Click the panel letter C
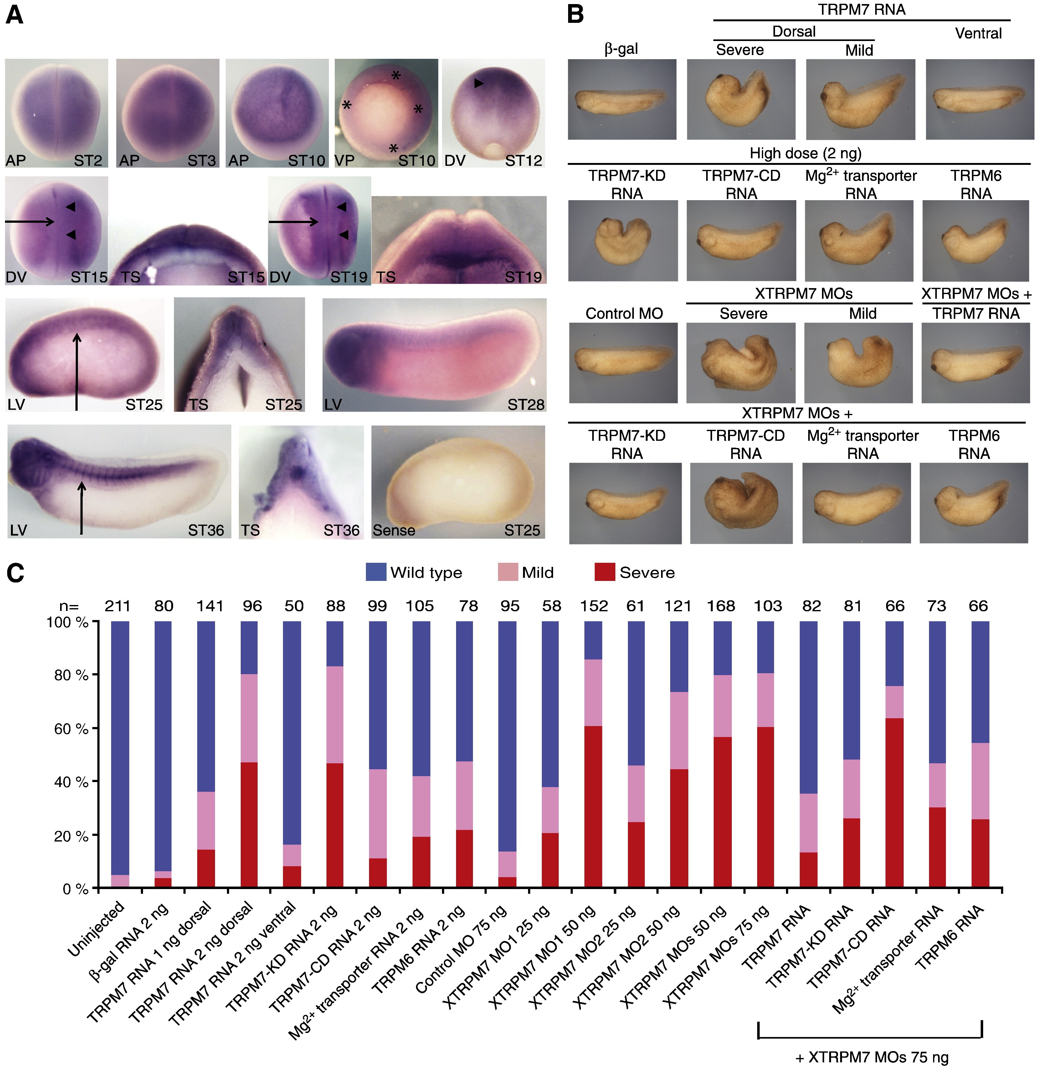click(x=15, y=573)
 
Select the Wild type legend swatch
click(x=376, y=572)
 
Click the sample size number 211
click(x=118, y=606)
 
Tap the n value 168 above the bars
click(x=721, y=606)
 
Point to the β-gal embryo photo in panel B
click(x=622, y=99)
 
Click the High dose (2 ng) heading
click(x=805, y=153)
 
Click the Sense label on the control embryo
click(x=394, y=530)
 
